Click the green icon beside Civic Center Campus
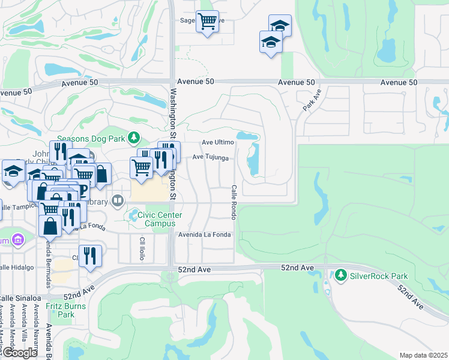(x=131, y=215)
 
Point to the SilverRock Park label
(x=379, y=276)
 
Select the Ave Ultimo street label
(x=217, y=142)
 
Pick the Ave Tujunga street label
(x=211, y=157)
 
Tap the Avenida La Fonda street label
(x=204, y=235)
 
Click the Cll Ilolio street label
(x=143, y=248)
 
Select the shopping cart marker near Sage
(x=207, y=22)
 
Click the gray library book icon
(x=118, y=200)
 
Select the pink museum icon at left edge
(x=18, y=241)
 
